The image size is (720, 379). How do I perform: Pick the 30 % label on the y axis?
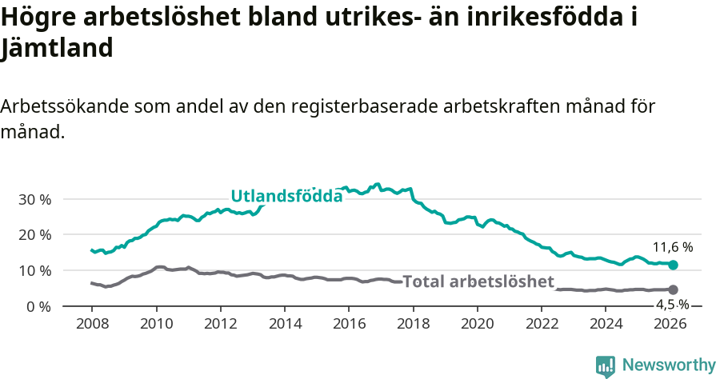point(34,199)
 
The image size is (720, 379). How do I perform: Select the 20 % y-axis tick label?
point(34,235)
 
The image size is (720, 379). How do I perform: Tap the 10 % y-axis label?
point(34,271)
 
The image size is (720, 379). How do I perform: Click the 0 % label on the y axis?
point(38,306)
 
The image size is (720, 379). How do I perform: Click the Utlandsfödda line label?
point(286,196)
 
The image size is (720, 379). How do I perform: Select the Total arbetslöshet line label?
point(478,281)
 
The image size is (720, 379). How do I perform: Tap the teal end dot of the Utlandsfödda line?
point(673,265)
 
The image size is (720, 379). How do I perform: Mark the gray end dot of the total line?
point(673,289)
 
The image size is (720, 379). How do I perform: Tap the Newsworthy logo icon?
point(606,366)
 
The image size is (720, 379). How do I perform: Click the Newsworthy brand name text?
point(669,365)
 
